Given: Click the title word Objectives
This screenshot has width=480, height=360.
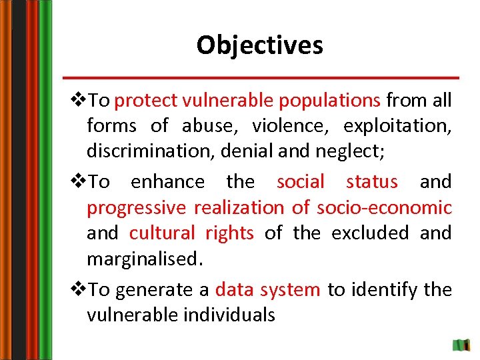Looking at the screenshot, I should pos(259,45).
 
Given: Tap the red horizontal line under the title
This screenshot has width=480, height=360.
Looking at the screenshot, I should pos(261,77).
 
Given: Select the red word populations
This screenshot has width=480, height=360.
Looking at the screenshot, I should pos(330,101).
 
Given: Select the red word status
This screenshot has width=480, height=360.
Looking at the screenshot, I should pos(372,181).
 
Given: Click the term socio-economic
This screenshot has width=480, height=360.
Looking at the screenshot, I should pos(384,207).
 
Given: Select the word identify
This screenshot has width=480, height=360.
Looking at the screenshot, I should pos(385,289).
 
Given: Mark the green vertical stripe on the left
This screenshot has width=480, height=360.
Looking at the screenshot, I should pos(45,180).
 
